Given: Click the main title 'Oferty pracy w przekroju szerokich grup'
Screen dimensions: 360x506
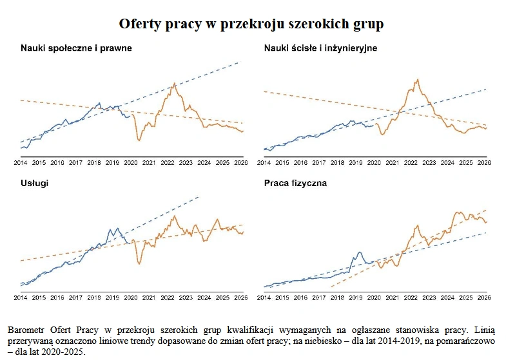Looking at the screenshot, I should pos(251,24).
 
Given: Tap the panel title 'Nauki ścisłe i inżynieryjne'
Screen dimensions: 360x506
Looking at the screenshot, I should pos(320,48).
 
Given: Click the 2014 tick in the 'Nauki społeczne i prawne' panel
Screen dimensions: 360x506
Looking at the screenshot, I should pos(20,163).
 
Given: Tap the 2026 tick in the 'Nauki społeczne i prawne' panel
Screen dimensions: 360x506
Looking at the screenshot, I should pos(240,163).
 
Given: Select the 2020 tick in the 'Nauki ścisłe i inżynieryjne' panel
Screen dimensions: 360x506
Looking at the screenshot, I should pos(374,163).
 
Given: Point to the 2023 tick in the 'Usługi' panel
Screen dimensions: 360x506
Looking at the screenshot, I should pos(186,298).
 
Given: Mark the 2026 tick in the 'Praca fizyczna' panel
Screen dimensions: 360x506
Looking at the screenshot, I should pos(484,298).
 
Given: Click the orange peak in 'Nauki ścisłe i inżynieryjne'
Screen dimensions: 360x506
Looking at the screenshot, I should pos(418,79).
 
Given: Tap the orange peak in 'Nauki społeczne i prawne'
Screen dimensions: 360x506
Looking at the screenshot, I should pos(174,84).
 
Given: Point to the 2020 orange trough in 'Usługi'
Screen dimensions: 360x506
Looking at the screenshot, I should pos(139,263).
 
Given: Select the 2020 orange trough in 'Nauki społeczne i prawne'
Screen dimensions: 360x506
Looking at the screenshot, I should pos(139,140).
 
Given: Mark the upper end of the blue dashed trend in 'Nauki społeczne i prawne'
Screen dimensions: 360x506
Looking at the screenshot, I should pos(239,62).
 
